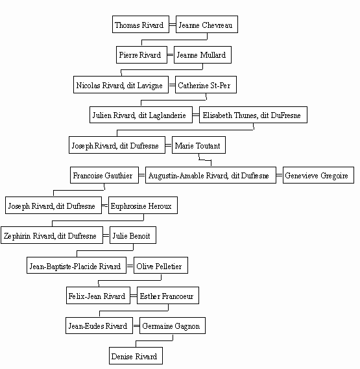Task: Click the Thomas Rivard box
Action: (x=141, y=25)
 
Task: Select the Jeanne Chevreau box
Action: (x=207, y=25)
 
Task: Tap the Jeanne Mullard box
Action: (x=202, y=55)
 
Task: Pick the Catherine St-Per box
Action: (x=206, y=85)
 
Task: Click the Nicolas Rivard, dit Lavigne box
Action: (x=121, y=85)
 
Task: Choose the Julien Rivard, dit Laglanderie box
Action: (x=141, y=115)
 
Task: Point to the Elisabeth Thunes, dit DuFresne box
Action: (x=253, y=115)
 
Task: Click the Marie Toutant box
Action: (x=198, y=145)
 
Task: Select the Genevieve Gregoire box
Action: (x=318, y=175)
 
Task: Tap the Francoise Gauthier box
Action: (x=104, y=175)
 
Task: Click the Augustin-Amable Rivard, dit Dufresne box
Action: (x=211, y=175)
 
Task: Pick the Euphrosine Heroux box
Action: (x=143, y=205)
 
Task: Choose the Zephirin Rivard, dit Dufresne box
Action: (x=52, y=235)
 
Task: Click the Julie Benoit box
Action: (x=133, y=235)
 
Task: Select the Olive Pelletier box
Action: (x=161, y=265)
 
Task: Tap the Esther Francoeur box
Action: (x=168, y=295)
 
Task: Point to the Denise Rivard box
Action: (x=136, y=355)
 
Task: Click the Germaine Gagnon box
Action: (x=173, y=326)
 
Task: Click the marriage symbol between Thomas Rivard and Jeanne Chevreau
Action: (x=173, y=25)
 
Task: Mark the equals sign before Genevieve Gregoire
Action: (x=279, y=175)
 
